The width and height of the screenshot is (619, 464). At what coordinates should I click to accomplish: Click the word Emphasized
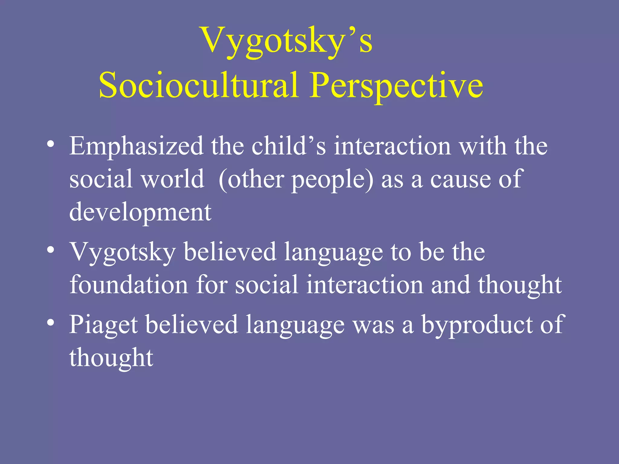(x=136, y=146)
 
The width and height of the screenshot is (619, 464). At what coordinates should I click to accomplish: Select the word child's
(x=289, y=146)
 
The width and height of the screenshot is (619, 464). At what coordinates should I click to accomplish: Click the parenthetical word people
(x=332, y=180)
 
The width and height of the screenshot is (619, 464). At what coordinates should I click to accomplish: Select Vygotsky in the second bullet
(x=123, y=252)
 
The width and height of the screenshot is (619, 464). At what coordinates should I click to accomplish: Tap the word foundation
(x=129, y=285)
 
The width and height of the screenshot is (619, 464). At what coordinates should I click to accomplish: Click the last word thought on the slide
(x=111, y=358)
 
